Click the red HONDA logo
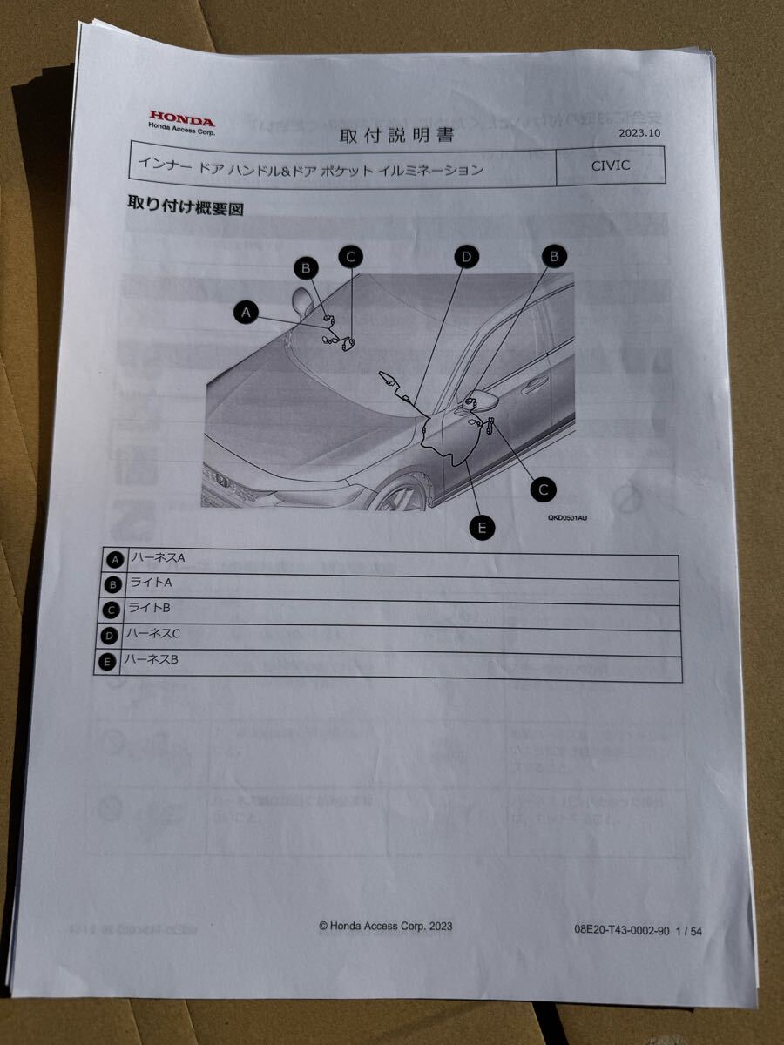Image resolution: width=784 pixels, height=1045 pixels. pyautogui.click(x=181, y=117)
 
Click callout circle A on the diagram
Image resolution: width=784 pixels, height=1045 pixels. pyautogui.click(x=247, y=312)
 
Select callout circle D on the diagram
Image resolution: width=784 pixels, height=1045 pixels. pyautogui.click(x=467, y=256)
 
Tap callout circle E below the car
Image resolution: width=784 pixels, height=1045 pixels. pyautogui.click(x=481, y=526)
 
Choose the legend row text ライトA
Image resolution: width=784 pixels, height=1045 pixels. pyautogui.click(x=151, y=583)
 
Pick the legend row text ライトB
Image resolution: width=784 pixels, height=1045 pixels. pyautogui.click(x=150, y=609)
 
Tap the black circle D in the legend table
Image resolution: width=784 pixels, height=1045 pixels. pyautogui.click(x=110, y=637)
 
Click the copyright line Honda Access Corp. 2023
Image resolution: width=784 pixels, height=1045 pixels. pyautogui.click(x=385, y=927)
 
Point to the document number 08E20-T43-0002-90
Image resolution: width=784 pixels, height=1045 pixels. pyautogui.click(x=621, y=930)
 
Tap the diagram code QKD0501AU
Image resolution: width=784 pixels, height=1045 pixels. pyautogui.click(x=567, y=517)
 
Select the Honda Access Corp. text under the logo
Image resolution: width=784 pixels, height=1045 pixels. pyautogui.click(x=181, y=130)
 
